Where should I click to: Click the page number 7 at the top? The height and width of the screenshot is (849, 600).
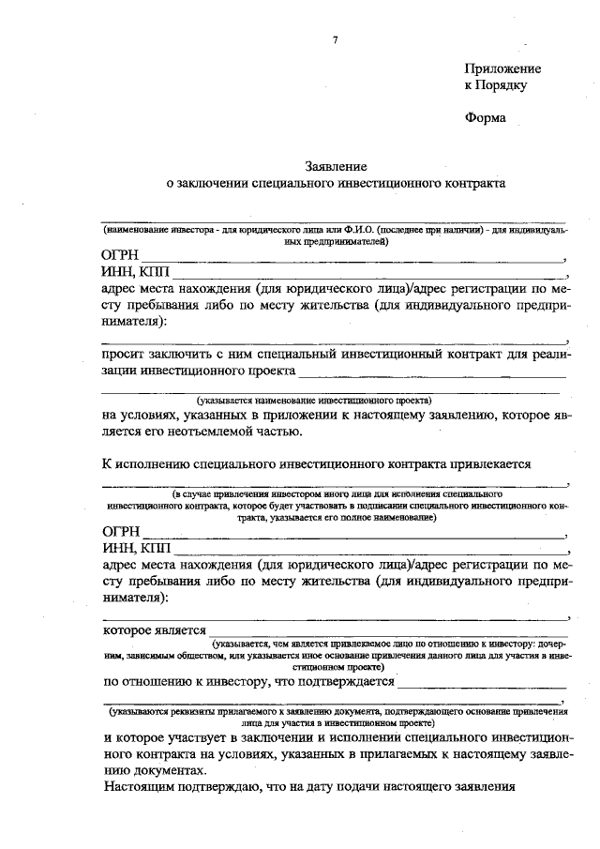point(334,40)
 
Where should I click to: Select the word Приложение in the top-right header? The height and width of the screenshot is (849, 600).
point(502,68)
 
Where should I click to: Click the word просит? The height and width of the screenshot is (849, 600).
point(122,354)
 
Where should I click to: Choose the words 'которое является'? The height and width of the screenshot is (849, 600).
point(154,630)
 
